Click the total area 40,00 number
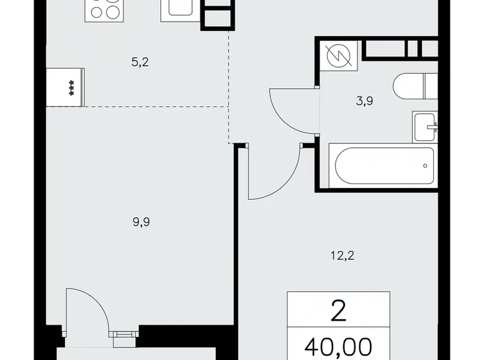click(339, 345)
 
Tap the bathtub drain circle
click(424, 166)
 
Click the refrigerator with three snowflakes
click(68, 87)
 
